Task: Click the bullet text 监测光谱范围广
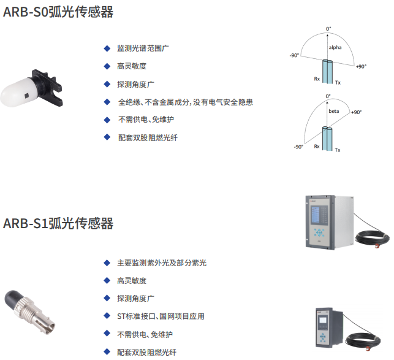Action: (x=145, y=48)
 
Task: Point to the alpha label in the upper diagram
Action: (x=335, y=47)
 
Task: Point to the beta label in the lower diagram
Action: (x=333, y=112)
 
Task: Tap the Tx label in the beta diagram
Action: (x=337, y=150)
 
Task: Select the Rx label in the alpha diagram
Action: (x=317, y=79)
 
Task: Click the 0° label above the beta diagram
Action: (x=328, y=96)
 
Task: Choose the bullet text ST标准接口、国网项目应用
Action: (x=161, y=316)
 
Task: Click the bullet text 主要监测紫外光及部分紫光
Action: (x=162, y=262)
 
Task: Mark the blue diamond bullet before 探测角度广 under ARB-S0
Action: (x=107, y=84)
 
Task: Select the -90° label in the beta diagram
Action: (x=298, y=147)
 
